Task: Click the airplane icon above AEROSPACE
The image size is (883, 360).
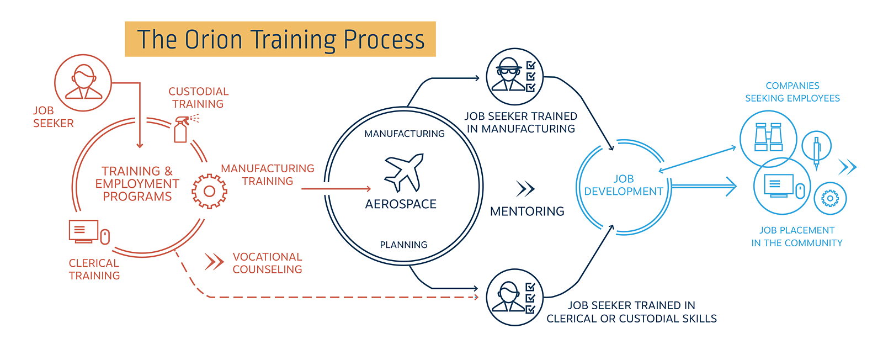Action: click(x=404, y=172)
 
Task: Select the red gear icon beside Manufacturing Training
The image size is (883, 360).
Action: click(x=209, y=191)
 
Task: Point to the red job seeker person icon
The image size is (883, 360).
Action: click(x=83, y=82)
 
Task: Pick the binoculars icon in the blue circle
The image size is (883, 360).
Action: click(x=768, y=137)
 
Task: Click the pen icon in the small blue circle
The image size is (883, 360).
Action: click(x=816, y=152)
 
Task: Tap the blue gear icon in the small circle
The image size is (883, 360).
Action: click(x=830, y=198)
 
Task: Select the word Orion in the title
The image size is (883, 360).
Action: click(x=213, y=39)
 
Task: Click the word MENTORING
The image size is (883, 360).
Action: click(x=527, y=211)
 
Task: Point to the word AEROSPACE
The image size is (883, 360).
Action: click(x=401, y=204)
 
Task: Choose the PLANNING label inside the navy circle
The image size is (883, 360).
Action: click(x=403, y=245)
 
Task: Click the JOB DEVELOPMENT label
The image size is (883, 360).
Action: click(x=623, y=185)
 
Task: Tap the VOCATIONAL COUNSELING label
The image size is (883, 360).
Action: click(x=267, y=263)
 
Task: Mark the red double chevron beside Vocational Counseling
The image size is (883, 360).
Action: click(x=214, y=262)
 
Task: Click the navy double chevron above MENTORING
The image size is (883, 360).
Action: click(x=525, y=189)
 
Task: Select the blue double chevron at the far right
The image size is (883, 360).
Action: click(x=848, y=167)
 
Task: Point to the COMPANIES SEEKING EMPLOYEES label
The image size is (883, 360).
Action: click(x=792, y=92)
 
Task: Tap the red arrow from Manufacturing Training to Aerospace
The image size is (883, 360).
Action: click(x=336, y=189)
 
